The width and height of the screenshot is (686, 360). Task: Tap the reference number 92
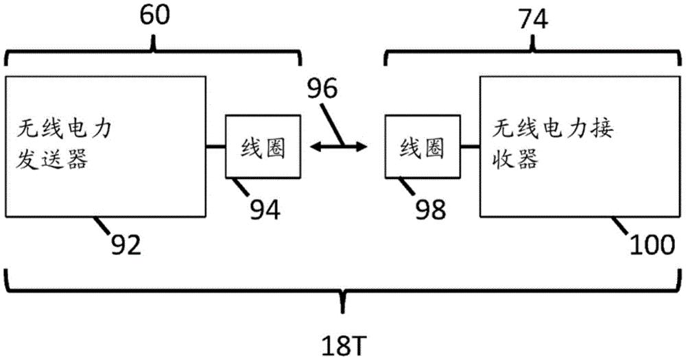click(124, 243)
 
